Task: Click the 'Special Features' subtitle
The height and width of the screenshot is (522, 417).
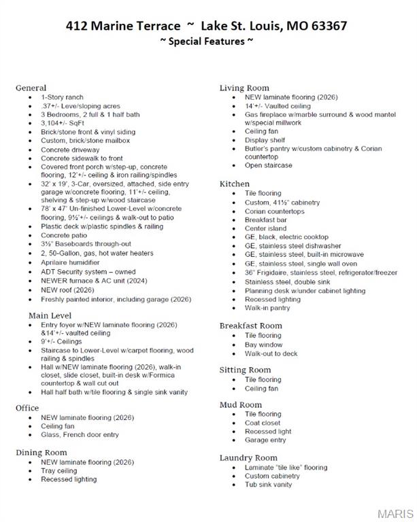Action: tap(207, 41)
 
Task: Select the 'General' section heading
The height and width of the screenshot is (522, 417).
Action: tap(31, 88)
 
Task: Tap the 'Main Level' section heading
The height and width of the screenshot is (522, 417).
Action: tap(50, 315)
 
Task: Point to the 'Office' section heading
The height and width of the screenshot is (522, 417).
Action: tap(27, 408)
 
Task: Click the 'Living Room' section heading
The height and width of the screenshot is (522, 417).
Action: tap(244, 88)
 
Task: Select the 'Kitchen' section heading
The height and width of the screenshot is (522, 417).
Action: tap(234, 184)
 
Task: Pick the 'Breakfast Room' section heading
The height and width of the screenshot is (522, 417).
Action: tap(250, 326)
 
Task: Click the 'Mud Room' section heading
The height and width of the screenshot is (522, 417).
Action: tap(240, 404)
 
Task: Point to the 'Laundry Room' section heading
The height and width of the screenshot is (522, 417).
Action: tap(248, 457)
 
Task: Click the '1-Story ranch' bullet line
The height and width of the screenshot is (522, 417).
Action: tap(62, 97)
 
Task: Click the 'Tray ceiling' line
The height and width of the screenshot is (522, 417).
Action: tap(59, 470)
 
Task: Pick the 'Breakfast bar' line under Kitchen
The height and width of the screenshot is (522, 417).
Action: tap(266, 220)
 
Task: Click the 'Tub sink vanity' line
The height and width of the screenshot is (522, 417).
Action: tap(268, 485)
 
